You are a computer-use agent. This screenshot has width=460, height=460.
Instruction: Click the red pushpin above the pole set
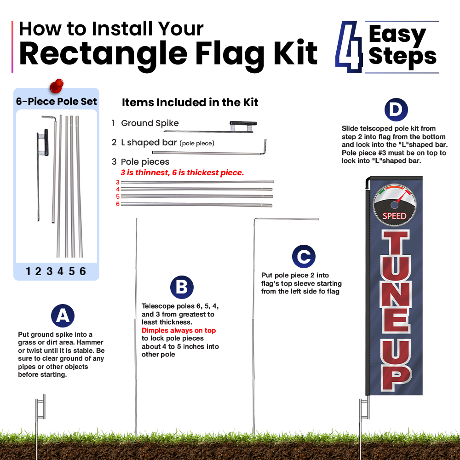click(x=57, y=86)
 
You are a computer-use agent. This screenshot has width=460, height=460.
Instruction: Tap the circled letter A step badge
click(x=63, y=316)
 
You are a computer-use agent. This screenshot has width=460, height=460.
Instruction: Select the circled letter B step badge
click(x=182, y=287)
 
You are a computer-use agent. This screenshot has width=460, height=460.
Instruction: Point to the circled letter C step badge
click(x=304, y=256)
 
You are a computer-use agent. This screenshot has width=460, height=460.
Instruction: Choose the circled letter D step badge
click(x=396, y=110)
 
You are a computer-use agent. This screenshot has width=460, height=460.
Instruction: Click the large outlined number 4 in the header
click(x=349, y=47)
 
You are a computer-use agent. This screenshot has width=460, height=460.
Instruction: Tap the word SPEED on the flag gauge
click(x=394, y=216)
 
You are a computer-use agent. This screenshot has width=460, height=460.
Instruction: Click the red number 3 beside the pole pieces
click(x=118, y=183)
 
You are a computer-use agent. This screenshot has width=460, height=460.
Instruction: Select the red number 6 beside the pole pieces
click(x=118, y=204)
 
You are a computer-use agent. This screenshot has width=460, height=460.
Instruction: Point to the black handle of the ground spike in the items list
click(x=243, y=123)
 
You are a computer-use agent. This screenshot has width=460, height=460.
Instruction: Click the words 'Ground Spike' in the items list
click(x=150, y=123)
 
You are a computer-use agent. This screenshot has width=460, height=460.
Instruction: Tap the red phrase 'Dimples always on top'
click(x=178, y=330)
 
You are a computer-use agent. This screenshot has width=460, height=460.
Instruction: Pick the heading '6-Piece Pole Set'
click(x=56, y=102)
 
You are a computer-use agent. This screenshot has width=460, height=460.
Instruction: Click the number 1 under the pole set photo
click(x=28, y=271)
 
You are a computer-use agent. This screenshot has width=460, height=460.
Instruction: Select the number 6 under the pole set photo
click(x=83, y=271)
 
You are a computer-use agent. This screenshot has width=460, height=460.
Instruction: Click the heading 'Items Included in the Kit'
click(x=190, y=103)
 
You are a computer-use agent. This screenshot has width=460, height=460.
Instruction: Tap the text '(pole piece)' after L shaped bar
click(x=197, y=143)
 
